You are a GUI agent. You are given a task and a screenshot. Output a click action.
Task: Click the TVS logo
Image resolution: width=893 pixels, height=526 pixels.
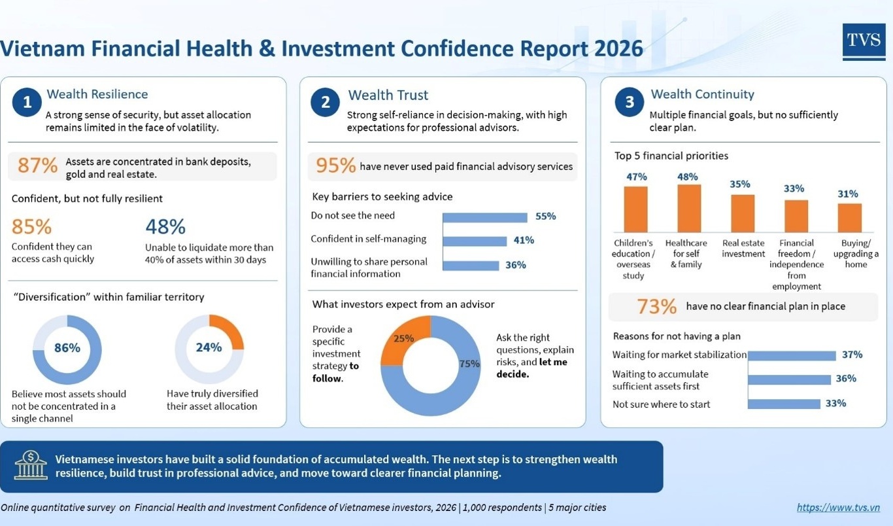tap(864, 42)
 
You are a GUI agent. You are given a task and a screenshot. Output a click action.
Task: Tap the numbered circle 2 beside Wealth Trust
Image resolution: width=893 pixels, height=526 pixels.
tap(326, 102)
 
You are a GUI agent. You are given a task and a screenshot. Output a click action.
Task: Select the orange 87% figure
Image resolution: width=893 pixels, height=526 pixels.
tap(37, 166)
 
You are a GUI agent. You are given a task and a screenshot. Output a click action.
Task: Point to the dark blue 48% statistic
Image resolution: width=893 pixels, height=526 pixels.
tap(165, 226)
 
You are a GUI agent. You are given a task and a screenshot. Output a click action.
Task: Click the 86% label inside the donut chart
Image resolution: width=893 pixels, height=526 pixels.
tap(67, 347)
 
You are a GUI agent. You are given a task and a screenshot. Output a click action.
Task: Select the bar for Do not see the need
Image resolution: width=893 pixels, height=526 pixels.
tap(485, 217)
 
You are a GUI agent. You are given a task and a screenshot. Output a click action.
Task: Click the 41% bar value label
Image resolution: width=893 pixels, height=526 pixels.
tap(524, 240)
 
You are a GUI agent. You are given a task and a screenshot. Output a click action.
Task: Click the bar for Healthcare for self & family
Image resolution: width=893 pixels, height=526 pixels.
tap(689, 208)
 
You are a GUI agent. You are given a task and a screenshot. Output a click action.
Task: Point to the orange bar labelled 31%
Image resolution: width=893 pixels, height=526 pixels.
tap(850, 218)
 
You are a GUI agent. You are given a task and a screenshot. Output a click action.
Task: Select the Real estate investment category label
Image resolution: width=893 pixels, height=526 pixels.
tap(743, 248)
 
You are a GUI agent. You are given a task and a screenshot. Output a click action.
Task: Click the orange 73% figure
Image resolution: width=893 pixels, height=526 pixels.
tap(656, 306)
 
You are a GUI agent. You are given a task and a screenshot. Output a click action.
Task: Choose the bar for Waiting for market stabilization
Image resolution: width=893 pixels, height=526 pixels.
tap(792, 356)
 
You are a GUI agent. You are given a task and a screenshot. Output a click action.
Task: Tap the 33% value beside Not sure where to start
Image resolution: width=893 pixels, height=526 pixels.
tap(835, 403)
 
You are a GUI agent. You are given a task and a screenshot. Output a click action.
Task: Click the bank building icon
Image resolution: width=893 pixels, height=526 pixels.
tap(31, 465)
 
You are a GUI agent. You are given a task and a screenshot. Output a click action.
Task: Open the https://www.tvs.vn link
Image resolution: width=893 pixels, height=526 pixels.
tap(838, 507)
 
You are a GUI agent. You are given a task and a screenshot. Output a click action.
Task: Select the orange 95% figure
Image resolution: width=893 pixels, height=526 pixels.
tap(335, 166)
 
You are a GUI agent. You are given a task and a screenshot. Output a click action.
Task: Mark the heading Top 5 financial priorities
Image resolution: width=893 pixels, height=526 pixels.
tap(671, 156)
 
